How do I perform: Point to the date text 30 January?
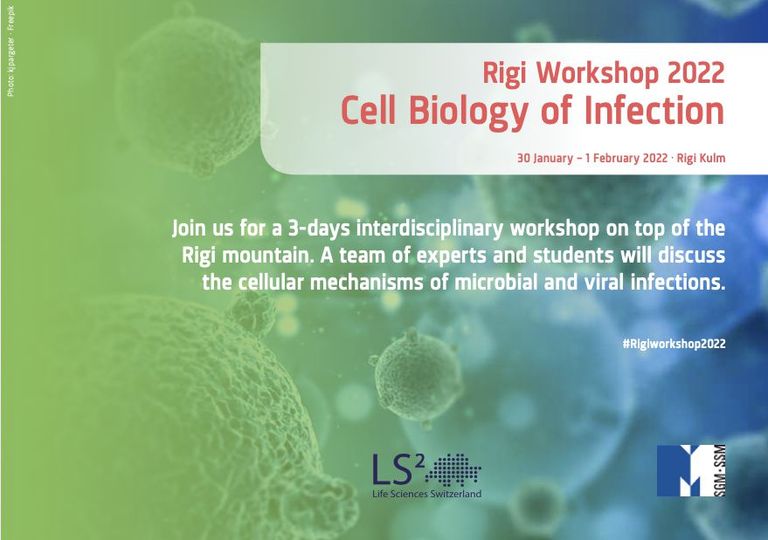pyautogui.click(x=547, y=158)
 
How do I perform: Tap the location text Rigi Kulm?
pyautogui.click(x=703, y=158)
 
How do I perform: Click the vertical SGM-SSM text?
pyautogui.click(x=722, y=470)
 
